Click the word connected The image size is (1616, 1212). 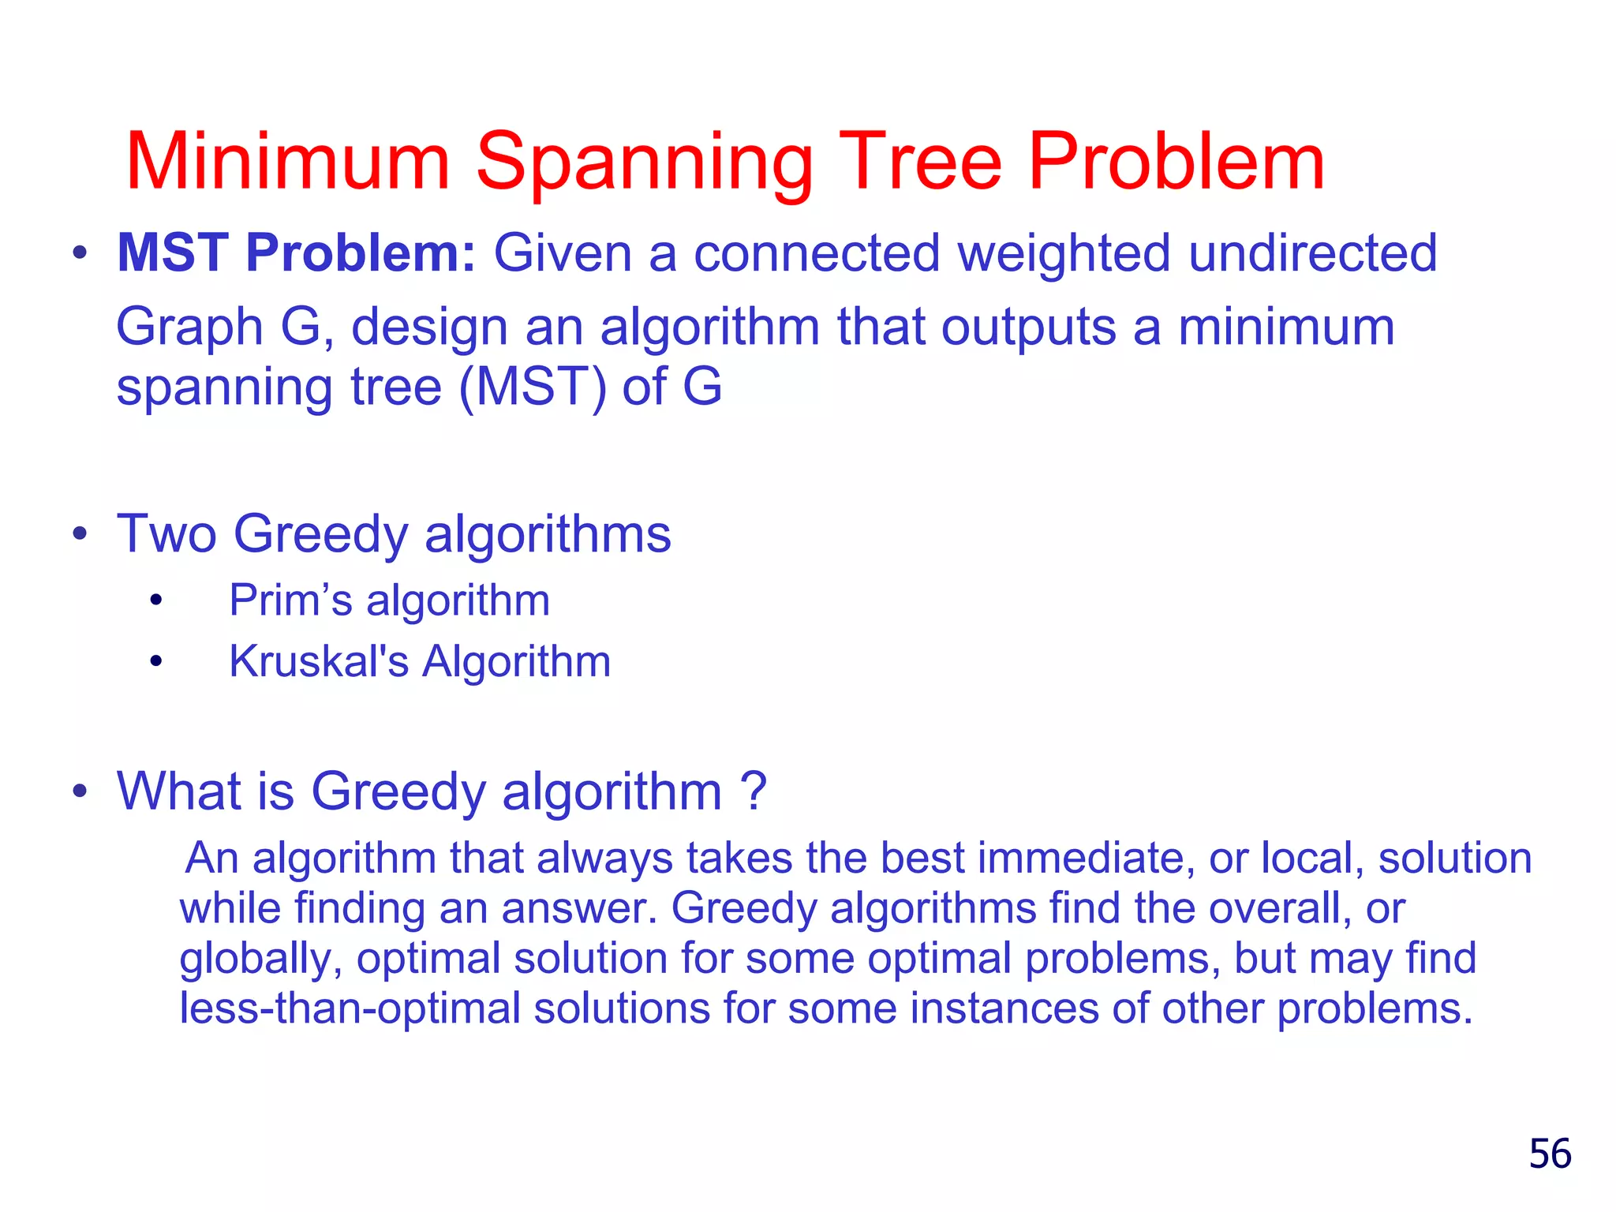coord(817,253)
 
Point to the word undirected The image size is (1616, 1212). coord(1312,253)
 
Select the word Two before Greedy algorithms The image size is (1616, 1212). coord(166,534)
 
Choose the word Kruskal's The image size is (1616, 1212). coord(319,661)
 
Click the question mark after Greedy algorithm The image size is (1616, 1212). coord(754,790)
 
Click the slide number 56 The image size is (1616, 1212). coord(1550,1154)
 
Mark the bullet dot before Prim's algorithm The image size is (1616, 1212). coord(156,601)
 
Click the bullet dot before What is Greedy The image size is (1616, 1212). coord(79,790)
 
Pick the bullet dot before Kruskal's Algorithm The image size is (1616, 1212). coord(156,661)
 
